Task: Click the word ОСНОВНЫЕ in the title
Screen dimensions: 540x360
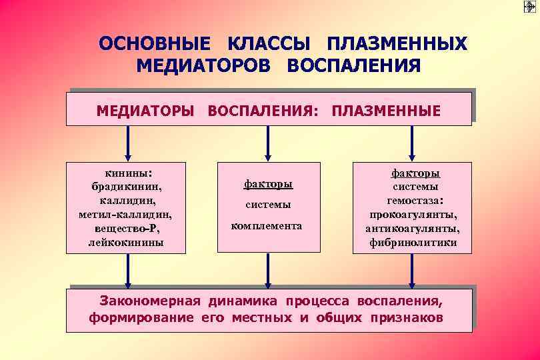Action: [154, 44]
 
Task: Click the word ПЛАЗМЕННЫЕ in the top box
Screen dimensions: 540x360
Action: [385, 110]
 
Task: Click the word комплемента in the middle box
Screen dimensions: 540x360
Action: [267, 226]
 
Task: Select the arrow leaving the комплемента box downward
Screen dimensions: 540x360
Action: [268, 269]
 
